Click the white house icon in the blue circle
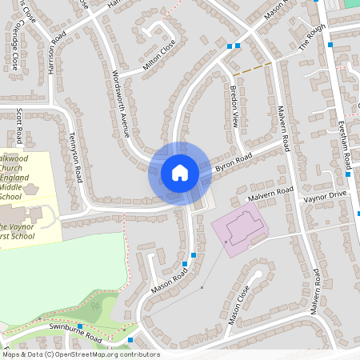point(180,173)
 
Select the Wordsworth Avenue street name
point(121,103)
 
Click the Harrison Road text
point(56,55)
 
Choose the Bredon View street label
point(234,107)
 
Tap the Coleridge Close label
point(15,52)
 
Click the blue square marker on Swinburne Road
point(80,326)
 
